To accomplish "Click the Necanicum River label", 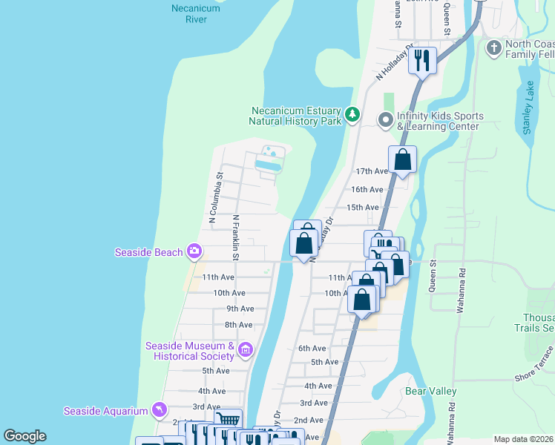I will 195,13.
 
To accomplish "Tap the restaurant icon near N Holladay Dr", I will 422,59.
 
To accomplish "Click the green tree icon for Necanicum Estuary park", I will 353,115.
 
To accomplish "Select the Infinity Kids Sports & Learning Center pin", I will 385,119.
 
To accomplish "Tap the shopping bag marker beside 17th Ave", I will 402,159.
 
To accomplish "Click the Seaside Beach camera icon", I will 194,252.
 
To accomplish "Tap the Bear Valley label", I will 430,391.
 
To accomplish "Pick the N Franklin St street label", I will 235,237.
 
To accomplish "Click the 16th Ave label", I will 367,190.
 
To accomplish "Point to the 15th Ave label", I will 363,208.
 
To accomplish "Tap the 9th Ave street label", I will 240,309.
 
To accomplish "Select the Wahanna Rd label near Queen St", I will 461,277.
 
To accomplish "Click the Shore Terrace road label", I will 535,364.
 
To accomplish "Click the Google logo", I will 24,436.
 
